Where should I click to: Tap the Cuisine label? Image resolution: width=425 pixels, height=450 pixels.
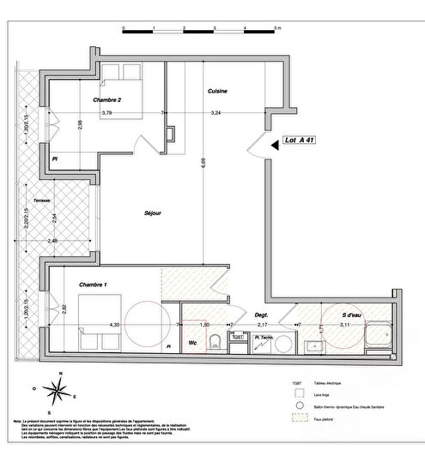tap(217, 91)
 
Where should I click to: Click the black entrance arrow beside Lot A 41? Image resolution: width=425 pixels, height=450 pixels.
tap(275, 146)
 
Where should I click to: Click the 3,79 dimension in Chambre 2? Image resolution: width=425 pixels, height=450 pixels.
tap(106, 112)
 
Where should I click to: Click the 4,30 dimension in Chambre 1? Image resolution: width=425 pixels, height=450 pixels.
tap(115, 325)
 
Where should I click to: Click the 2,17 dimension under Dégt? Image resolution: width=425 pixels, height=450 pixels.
tap(264, 325)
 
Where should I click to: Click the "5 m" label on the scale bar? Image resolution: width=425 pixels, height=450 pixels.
tap(277, 29)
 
